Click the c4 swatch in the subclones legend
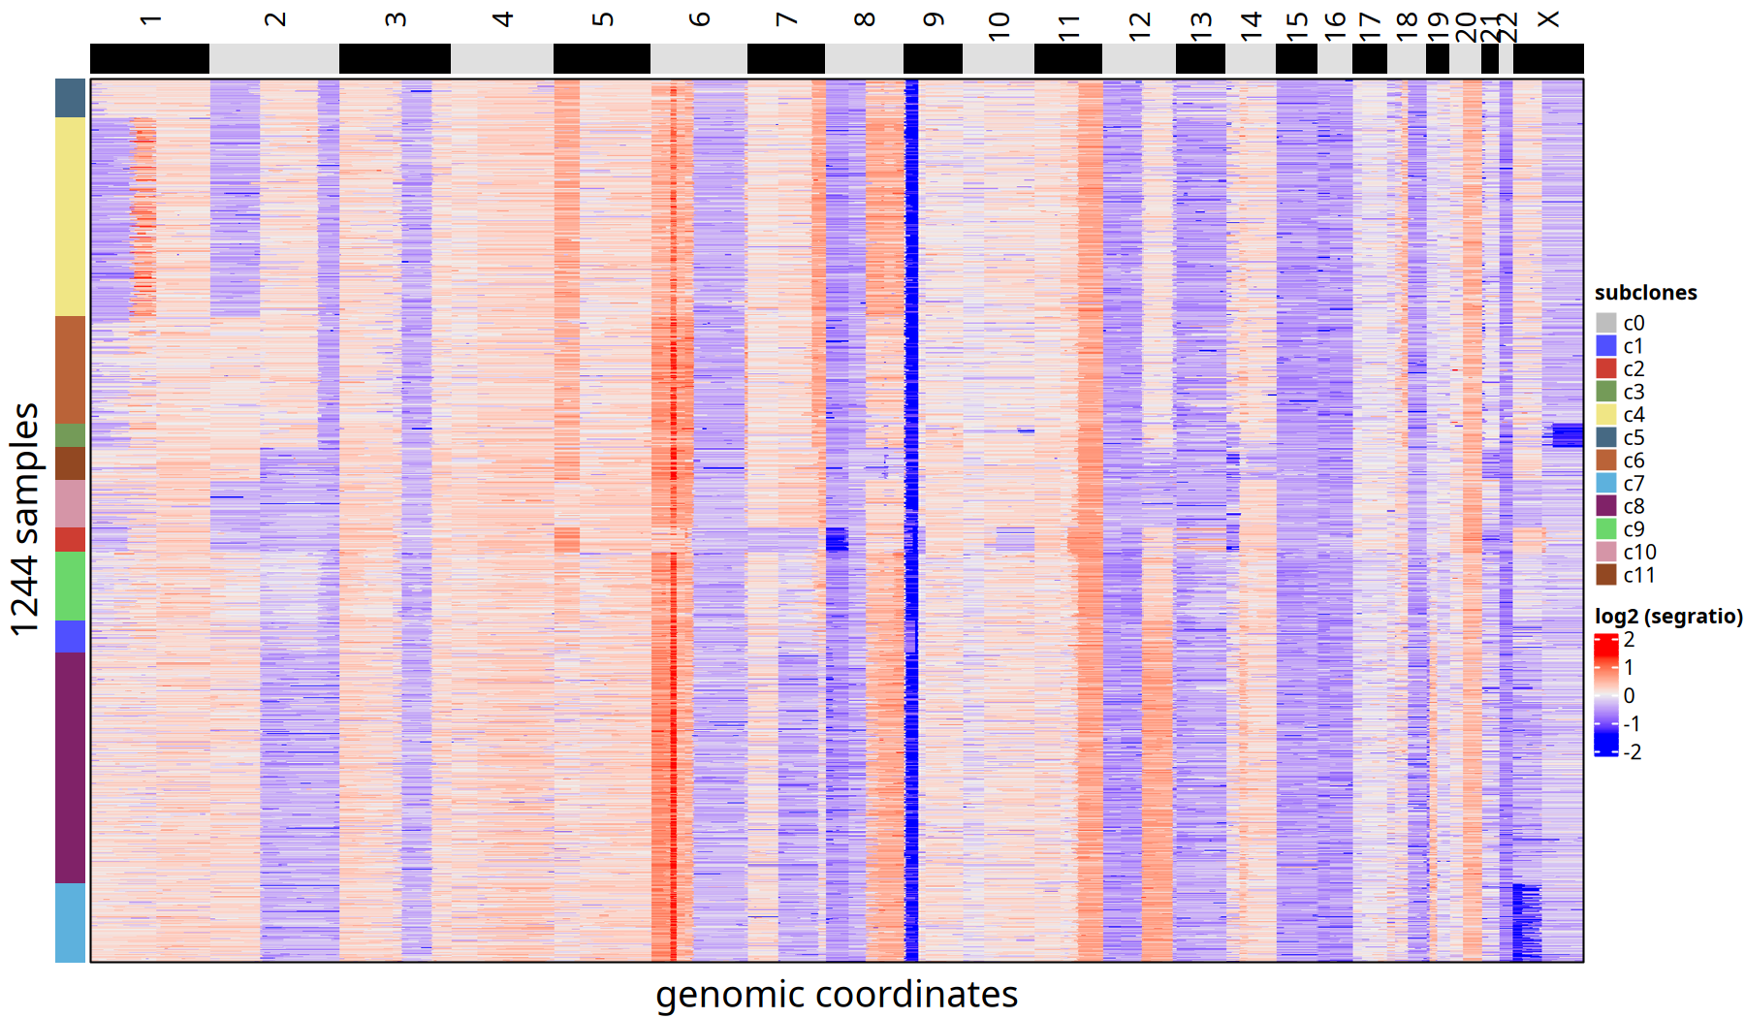pyautogui.click(x=1606, y=415)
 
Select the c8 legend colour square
pyautogui.click(x=1606, y=506)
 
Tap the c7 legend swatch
pyautogui.click(x=1606, y=483)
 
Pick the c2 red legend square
pyautogui.click(x=1606, y=368)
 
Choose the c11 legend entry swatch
pyautogui.click(x=1606, y=575)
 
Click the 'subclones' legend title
pyautogui.click(x=1645, y=293)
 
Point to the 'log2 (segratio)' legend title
pyautogui.click(x=1668, y=617)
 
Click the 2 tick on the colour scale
pyautogui.click(x=1629, y=640)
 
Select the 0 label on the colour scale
pyautogui.click(x=1629, y=696)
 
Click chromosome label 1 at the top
pyautogui.click(x=149, y=20)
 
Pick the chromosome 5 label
pyautogui.click(x=602, y=20)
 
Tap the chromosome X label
pyautogui.click(x=1548, y=20)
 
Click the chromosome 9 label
pyautogui.click(x=933, y=20)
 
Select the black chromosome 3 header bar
pyautogui.click(x=395, y=59)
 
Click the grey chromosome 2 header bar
pyautogui.click(x=274, y=59)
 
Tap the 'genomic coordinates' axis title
pyautogui.click(x=837, y=995)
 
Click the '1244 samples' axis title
pyautogui.click(x=25, y=520)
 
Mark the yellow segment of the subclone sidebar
pyautogui.click(x=70, y=217)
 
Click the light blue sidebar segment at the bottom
pyautogui.click(x=70, y=922)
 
